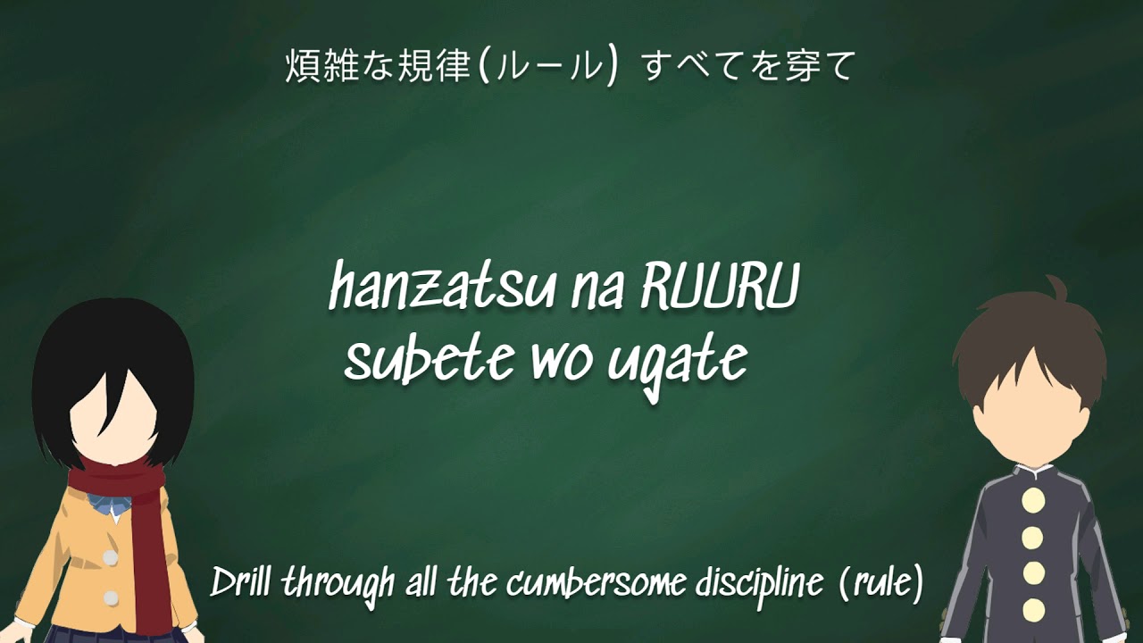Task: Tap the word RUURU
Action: tap(719, 287)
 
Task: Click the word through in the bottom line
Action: tap(338, 586)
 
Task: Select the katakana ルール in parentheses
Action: tap(548, 66)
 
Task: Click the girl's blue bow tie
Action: tap(108, 505)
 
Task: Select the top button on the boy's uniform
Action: tap(1033, 500)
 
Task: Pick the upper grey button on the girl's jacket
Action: tap(110, 557)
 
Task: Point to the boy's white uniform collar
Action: tap(1031, 472)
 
